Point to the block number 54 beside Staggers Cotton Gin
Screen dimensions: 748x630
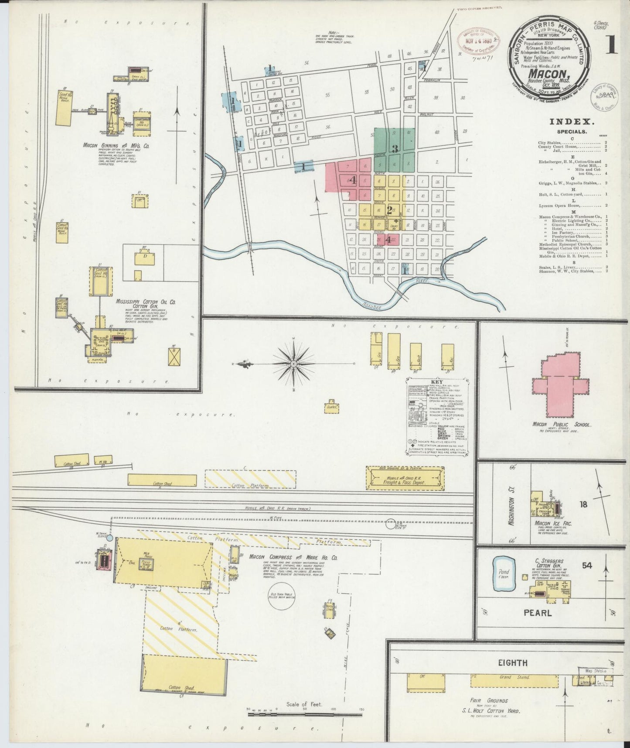click(x=586, y=566)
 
